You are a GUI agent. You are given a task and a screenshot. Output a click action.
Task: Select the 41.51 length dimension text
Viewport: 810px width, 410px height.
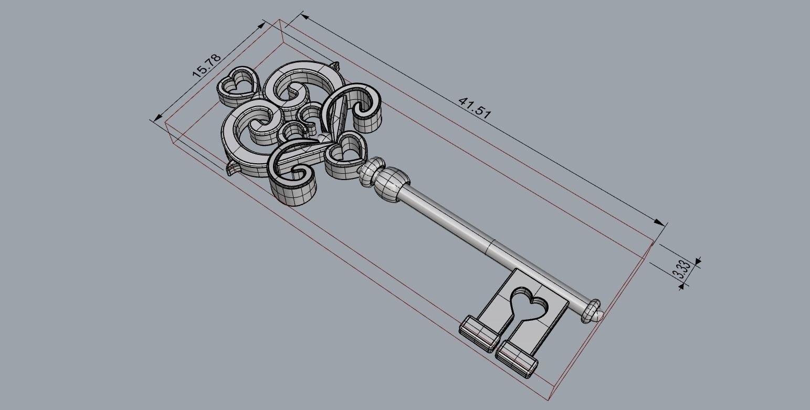(475, 107)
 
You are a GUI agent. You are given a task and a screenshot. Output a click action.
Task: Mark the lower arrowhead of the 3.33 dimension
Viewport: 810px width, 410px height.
(682, 286)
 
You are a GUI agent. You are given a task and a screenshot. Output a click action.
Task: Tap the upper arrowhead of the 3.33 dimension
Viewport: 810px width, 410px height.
(698, 260)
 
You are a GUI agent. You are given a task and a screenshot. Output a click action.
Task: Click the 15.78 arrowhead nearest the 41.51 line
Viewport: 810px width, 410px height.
(262, 25)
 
